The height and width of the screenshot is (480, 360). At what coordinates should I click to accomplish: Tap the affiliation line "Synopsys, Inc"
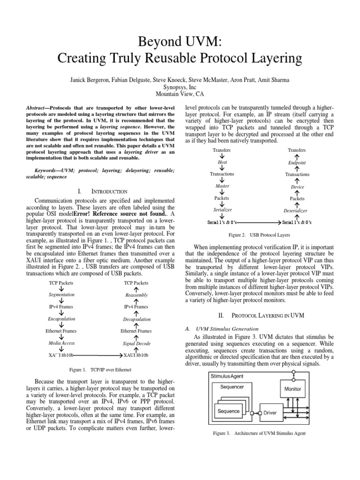pyautogui.click(x=180, y=87)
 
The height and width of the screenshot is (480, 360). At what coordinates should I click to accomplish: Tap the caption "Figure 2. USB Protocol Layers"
pyautogui.click(x=259, y=234)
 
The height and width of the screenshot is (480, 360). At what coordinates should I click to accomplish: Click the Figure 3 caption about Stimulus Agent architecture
pyautogui.click(x=259, y=434)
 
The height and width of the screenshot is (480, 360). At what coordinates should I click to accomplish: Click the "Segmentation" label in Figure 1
pyautogui.click(x=61, y=295)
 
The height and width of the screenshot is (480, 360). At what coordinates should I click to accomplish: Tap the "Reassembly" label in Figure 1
pyautogui.click(x=136, y=295)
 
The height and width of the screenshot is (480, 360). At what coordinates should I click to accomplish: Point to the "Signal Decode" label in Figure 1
pyautogui.click(x=136, y=343)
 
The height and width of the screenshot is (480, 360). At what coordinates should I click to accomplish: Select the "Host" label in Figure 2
pyautogui.click(x=222, y=162)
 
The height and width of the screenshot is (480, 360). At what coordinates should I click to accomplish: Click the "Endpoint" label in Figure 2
pyautogui.click(x=297, y=163)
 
